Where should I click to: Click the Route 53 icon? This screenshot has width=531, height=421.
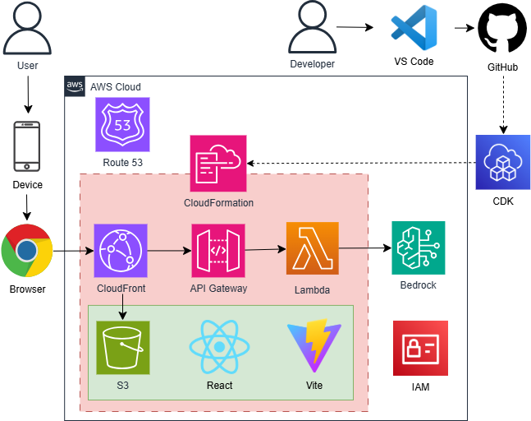pyautogui.click(x=122, y=125)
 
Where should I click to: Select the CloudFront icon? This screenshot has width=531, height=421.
pyautogui.click(x=121, y=250)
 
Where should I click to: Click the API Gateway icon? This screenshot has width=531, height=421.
pyautogui.click(x=217, y=250)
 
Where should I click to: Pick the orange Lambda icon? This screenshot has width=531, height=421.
pyautogui.click(x=312, y=248)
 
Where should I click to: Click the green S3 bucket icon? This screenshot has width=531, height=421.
pyautogui.click(x=122, y=347)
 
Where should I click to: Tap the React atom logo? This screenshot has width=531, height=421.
pyautogui.click(x=217, y=347)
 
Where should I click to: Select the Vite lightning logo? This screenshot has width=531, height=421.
pyautogui.click(x=309, y=347)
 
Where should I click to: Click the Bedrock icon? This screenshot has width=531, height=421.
pyautogui.click(x=419, y=248)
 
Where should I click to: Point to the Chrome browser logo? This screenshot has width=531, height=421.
pyautogui.click(x=27, y=249)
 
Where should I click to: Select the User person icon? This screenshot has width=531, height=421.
pyautogui.click(x=26, y=29)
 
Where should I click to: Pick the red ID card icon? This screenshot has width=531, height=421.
pyautogui.click(x=420, y=348)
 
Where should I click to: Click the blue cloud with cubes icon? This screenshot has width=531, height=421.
pyautogui.click(x=503, y=162)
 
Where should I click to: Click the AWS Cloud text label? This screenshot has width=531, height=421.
pyautogui.click(x=115, y=86)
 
